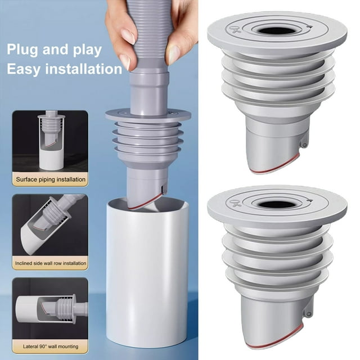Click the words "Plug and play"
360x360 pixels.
tap(55, 49)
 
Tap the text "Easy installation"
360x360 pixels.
tap(65, 69)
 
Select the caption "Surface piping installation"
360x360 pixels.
tap(51, 180)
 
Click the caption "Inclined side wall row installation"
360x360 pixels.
tap(51, 263)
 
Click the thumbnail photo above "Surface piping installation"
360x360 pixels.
tap(51, 141)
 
